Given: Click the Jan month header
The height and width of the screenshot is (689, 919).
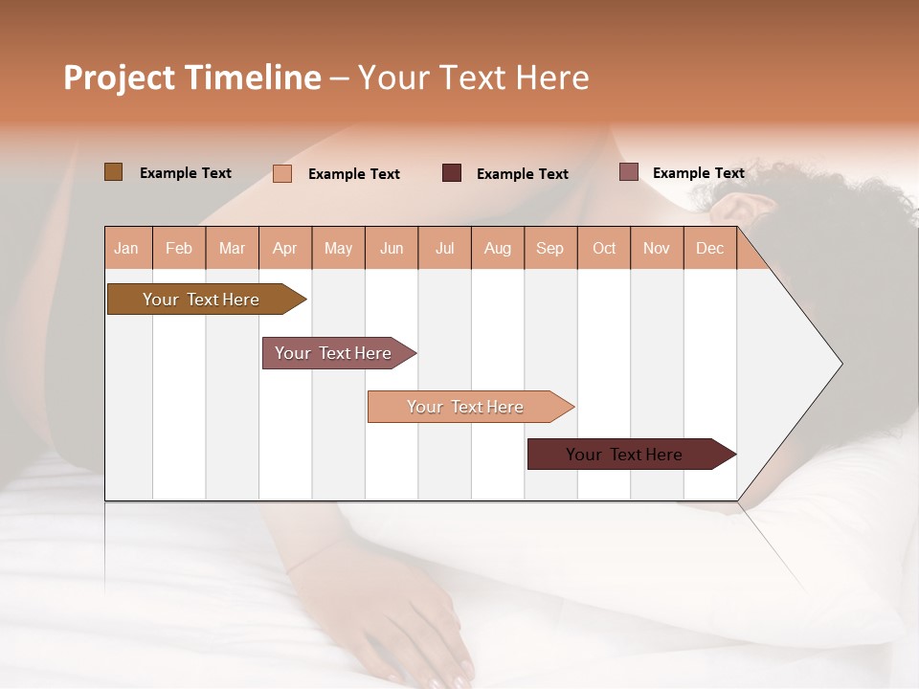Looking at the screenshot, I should pyautogui.click(x=126, y=248).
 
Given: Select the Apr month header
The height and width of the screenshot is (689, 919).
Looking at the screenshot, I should pyautogui.click(x=284, y=248).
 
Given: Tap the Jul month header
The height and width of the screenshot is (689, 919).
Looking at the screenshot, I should pyautogui.click(x=444, y=248).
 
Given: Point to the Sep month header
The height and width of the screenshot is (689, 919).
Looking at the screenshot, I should pyautogui.click(x=549, y=248).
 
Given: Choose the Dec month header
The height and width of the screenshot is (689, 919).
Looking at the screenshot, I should pyautogui.click(x=709, y=248).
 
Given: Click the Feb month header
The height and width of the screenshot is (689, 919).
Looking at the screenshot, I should pyautogui.click(x=179, y=248).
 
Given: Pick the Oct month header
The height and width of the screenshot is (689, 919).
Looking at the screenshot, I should pyautogui.click(x=604, y=248).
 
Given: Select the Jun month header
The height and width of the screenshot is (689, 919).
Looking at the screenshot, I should pyautogui.click(x=392, y=248).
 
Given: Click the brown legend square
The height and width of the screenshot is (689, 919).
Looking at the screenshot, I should pyautogui.click(x=113, y=172).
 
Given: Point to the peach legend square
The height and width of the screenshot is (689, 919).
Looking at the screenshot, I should pyautogui.click(x=282, y=173).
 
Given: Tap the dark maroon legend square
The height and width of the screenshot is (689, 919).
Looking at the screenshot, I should pyautogui.click(x=452, y=173).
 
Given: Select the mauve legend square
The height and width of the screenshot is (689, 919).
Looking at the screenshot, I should pyautogui.click(x=628, y=172).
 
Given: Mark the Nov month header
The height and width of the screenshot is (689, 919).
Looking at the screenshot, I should pyautogui.click(x=657, y=248).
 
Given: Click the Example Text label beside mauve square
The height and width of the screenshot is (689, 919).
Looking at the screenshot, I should pyautogui.click(x=698, y=173).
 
